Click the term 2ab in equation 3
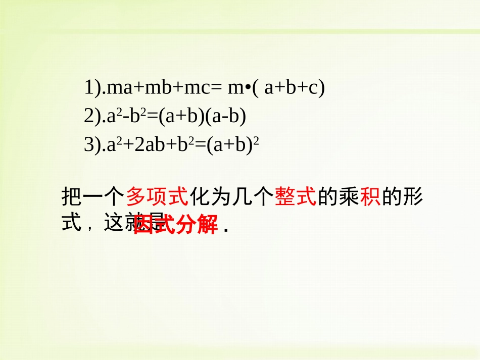click(x=152, y=145)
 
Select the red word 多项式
click(x=157, y=196)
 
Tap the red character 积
click(x=369, y=196)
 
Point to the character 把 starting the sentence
click(x=71, y=196)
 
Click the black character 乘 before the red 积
click(x=349, y=196)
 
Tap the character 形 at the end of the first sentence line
click(x=412, y=196)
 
